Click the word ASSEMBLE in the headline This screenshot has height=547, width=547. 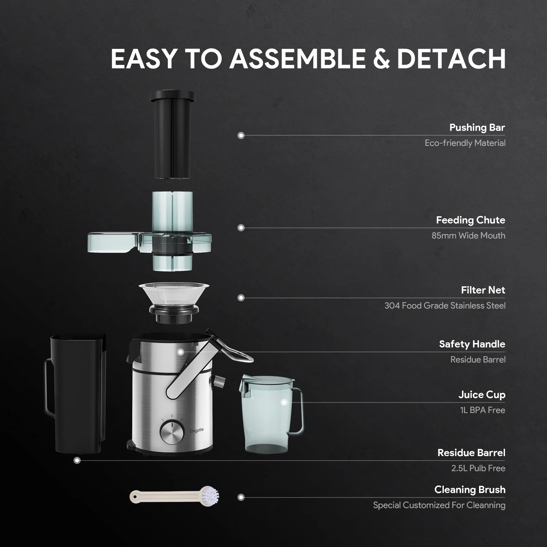298,59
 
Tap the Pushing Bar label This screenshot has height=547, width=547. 477,128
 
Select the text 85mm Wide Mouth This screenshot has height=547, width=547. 468,236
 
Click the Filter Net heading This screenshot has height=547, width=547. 483,290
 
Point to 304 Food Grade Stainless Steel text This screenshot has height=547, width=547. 445,306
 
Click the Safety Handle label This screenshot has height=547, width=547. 472,344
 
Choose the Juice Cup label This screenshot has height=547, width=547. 482,395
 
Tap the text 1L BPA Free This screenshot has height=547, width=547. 482,410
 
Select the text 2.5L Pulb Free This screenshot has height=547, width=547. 478,468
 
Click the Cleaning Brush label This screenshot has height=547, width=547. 470,490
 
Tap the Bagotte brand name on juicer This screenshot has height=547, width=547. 197,430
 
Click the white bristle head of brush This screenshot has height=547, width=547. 210,496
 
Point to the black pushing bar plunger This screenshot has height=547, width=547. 172,137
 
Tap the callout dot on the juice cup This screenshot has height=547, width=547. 284,402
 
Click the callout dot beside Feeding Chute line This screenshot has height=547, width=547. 241,228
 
